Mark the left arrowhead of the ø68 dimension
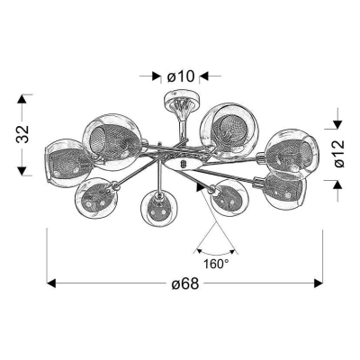pos(51,284)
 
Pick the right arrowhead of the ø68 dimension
pos(317,284)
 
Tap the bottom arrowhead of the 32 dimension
pos(22,171)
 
